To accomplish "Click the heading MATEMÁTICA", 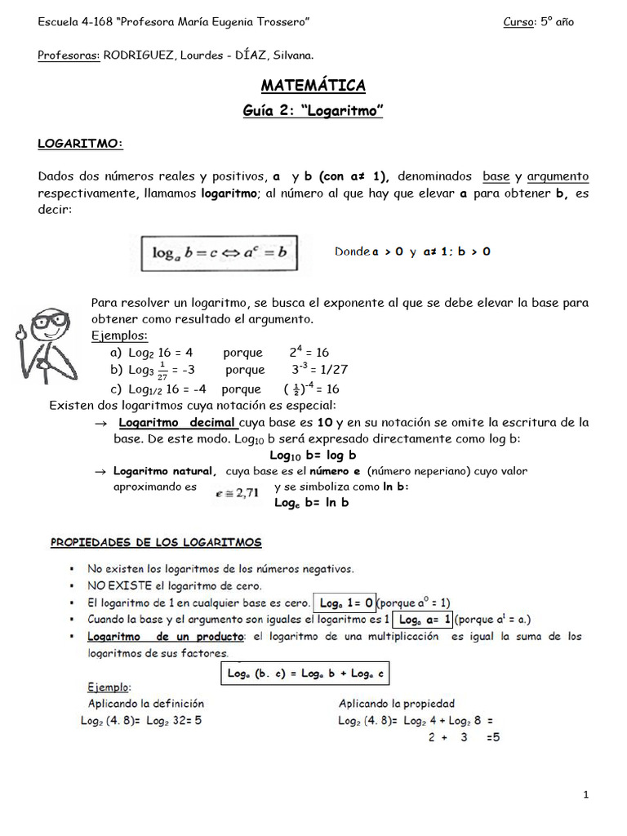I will tap(313, 86).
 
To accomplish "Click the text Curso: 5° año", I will tap(538, 22).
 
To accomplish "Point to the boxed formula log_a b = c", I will tap(219, 253).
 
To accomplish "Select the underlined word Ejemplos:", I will tap(119, 336).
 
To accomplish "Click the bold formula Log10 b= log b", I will tap(313, 455).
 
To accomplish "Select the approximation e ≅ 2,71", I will tap(237, 491).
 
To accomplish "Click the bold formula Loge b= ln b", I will tap(311, 503).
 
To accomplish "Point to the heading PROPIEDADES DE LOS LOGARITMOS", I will tap(156, 542).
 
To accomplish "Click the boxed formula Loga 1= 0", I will tap(346, 603).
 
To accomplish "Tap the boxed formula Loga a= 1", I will tap(423, 620).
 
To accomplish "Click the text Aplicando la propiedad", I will tap(397, 703).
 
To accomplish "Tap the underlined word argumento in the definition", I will tap(558, 177).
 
